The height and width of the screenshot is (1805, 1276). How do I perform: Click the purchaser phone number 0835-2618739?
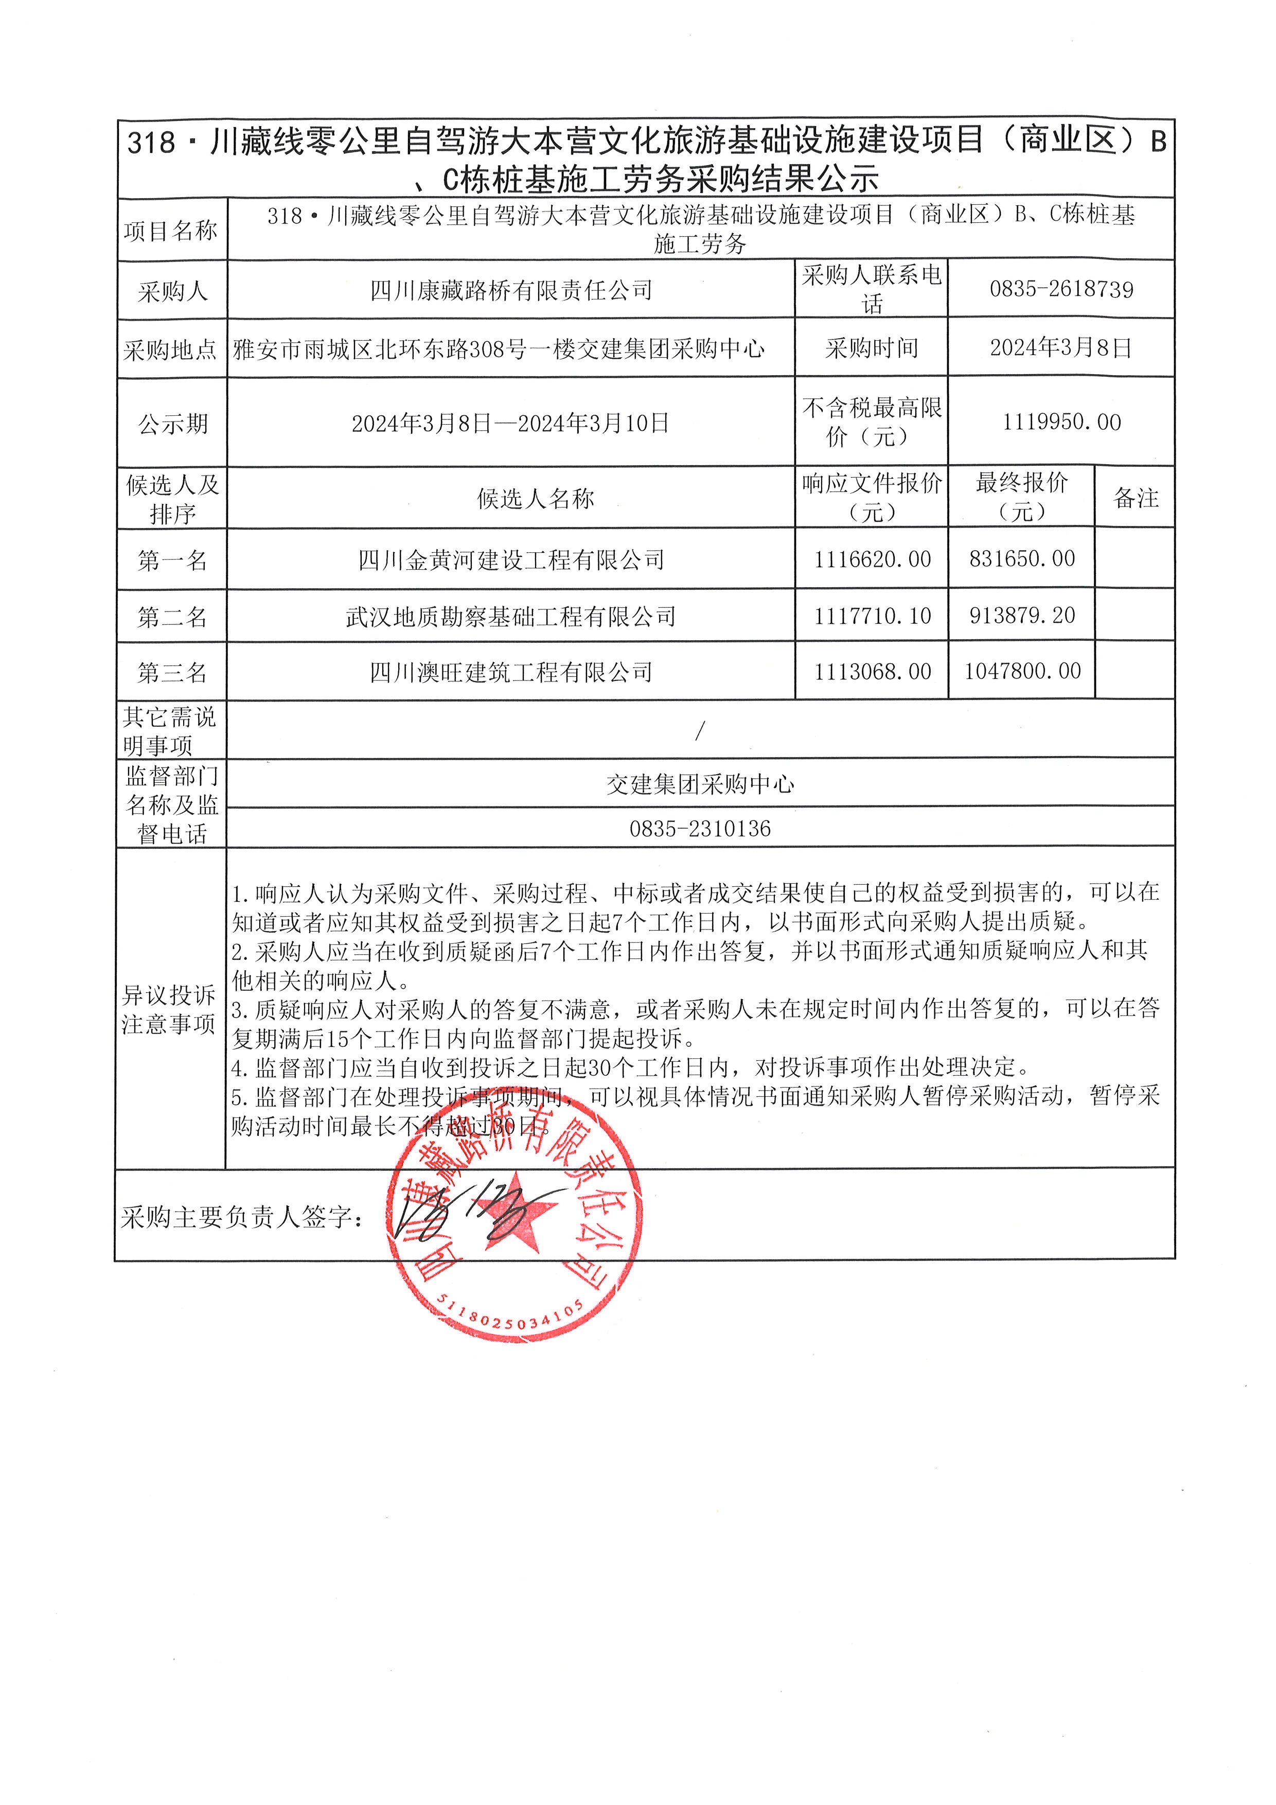pyautogui.click(x=1061, y=289)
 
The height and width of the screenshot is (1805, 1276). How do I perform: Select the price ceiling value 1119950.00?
pyautogui.click(x=1061, y=422)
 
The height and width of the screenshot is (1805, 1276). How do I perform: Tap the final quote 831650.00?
pyautogui.click(x=1021, y=559)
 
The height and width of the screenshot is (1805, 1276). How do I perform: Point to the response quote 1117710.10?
pyautogui.click(x=872, y=616)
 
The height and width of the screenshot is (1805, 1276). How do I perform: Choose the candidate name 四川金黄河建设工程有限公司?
pyautogui.click(x=511, y=560)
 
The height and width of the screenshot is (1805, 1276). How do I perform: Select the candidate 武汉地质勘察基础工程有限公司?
pyautogui.click(x=511, y=617)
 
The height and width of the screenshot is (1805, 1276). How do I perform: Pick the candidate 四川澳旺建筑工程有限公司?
pyautogui.click(x=511, y=672)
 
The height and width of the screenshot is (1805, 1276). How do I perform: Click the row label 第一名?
pyautogui.click(x=172, y=560)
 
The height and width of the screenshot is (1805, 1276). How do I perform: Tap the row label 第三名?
pyautogui.click(x=172, y=673)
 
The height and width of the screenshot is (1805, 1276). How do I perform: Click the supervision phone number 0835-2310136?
pyautogui.click(x=700, y=829)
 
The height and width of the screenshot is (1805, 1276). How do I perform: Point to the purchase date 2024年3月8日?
pyautogui.click(x=1061, y=347)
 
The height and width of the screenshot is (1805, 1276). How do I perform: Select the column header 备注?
pyautogui.click(x=1136, y=498)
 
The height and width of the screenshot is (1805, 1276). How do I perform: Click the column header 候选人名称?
pyautogui.click(x=535, y=498)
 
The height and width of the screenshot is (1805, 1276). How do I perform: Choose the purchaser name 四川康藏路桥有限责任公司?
pyautogui.click(x=511, y=291)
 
